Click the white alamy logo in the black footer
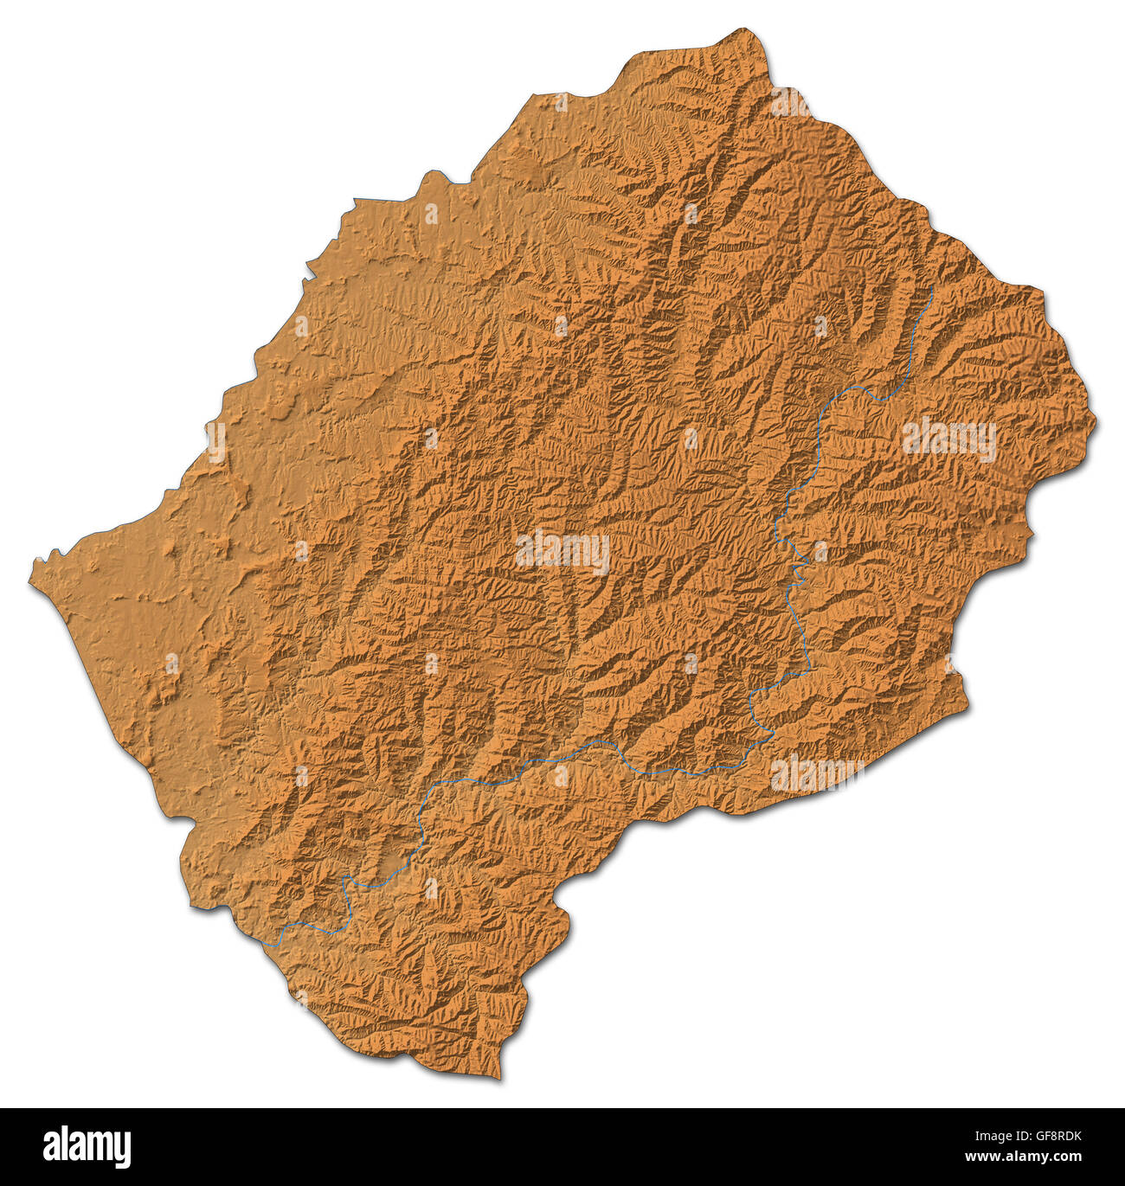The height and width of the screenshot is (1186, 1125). coord(87,1147)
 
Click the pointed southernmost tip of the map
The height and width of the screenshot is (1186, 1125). coord(499,1078)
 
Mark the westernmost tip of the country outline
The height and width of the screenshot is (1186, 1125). coord(31,585)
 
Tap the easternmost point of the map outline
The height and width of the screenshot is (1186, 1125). coord(1095,423)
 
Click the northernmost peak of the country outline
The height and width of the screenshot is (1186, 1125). coord(746,30)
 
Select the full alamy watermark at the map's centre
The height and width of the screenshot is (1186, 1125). coord(562,552)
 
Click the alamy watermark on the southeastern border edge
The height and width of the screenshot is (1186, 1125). coord(816,773)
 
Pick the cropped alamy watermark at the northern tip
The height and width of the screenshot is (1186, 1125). coord(790,102)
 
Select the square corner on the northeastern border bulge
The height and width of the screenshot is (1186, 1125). coord(1042,290)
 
